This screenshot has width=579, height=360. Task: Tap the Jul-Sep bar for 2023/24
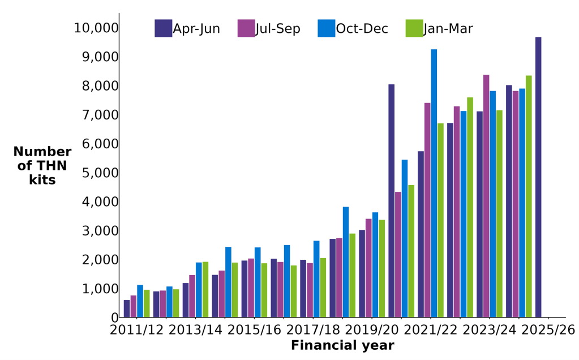(486, 196)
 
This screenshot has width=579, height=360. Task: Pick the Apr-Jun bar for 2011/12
(127, 308)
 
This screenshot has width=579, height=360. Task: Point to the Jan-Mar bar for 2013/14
(205, 289)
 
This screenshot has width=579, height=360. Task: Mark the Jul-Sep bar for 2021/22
(427, 210)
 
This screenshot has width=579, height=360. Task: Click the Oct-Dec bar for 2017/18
(316, 279)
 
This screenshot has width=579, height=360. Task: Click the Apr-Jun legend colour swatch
(163, 28)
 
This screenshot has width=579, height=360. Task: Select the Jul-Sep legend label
(278, 29)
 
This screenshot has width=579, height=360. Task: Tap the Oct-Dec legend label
(362, 29)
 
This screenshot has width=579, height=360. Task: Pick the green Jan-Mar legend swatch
(414, 28)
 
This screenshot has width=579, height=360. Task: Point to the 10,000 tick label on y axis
(96, 28)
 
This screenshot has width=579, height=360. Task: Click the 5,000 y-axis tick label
(100, 173)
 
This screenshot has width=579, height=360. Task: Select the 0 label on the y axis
(115, 318)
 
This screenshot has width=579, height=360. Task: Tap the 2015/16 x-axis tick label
(255, 330)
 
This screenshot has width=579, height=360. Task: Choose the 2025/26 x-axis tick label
(548, 330)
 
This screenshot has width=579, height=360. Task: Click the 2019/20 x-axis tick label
(372, 330)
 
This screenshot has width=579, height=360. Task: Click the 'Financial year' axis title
(342, 346)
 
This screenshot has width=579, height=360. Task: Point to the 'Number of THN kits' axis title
(42, 166)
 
